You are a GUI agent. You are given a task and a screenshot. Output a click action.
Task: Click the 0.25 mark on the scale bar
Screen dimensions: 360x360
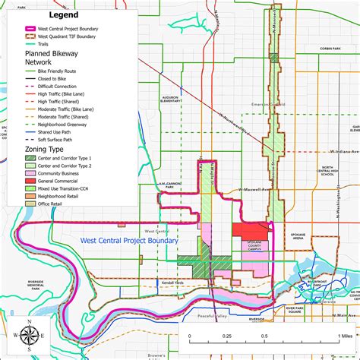click(226, 335)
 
